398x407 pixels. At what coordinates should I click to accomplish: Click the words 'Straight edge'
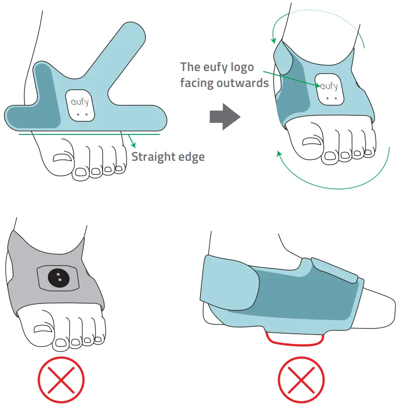pos(168,157)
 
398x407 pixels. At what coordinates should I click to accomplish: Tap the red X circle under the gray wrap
pos(61,379)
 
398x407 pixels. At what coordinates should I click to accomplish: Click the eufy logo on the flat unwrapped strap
pos(80,102)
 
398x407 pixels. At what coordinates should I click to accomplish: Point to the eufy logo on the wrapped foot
pos(329,86)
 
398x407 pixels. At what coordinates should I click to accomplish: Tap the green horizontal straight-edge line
pos(89,134)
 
